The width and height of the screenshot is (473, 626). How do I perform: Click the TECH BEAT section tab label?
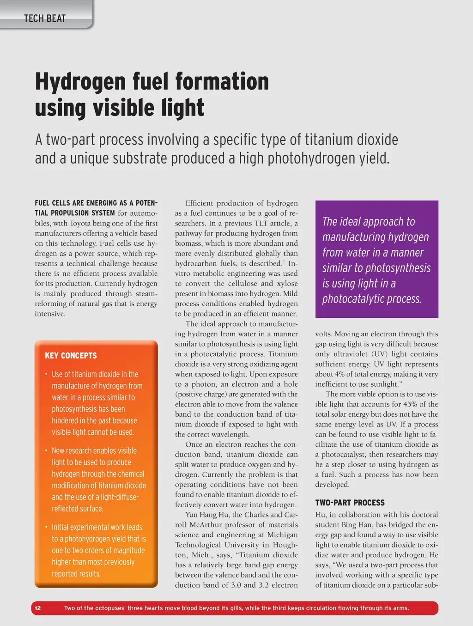45,18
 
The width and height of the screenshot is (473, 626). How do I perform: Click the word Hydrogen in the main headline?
80,81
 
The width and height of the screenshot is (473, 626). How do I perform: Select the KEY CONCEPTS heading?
71,355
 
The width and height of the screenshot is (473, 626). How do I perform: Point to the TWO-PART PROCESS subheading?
350,503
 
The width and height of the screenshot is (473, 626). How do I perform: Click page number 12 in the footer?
38,608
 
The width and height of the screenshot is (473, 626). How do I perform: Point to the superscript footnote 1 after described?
284,262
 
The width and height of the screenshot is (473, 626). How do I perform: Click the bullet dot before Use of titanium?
46,374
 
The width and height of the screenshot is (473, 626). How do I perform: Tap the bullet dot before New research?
46,450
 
